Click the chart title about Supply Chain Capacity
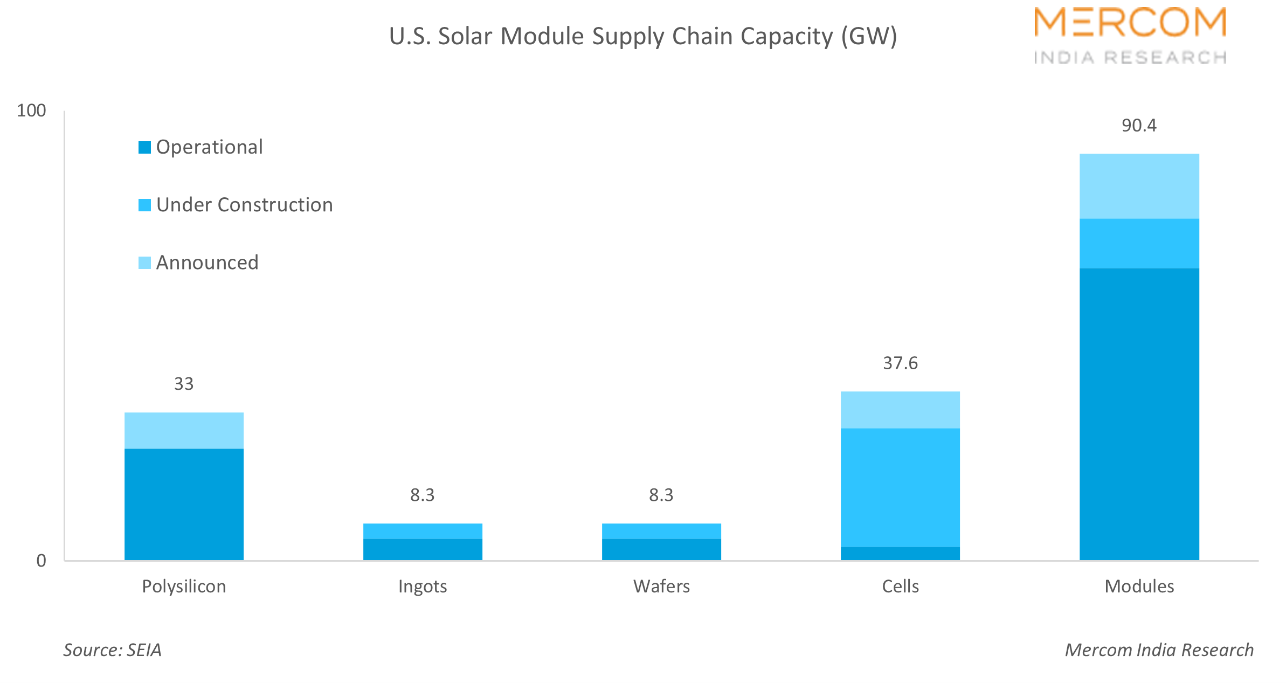coord(642,37)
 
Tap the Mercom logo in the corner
coord(1130,36)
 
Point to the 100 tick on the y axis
coord(31,111)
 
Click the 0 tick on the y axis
coord(41,561)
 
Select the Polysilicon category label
coord(184,586)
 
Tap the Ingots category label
coord(423,586)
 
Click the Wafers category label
coord(661,586)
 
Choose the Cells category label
coord(900,586)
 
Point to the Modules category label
coord(1139,586)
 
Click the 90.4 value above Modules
coord(1139,126)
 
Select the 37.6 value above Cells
coord(900,363)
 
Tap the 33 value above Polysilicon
coord(184,384)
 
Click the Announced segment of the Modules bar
coord(1139,186)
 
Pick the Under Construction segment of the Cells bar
coord(900,487)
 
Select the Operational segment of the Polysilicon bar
coord(184,504)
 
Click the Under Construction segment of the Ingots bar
coord(423,531)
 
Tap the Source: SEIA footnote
coord(113,650)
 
